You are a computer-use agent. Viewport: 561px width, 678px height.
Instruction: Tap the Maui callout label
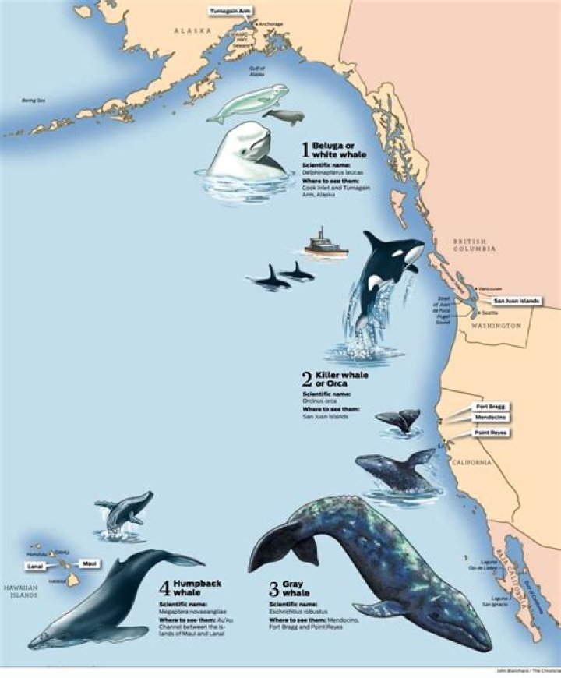90,563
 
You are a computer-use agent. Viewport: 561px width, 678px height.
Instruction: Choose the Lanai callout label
34,567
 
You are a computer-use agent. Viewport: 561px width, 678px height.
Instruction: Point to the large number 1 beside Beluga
305,151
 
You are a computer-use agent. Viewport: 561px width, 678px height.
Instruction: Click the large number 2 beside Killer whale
307,380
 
